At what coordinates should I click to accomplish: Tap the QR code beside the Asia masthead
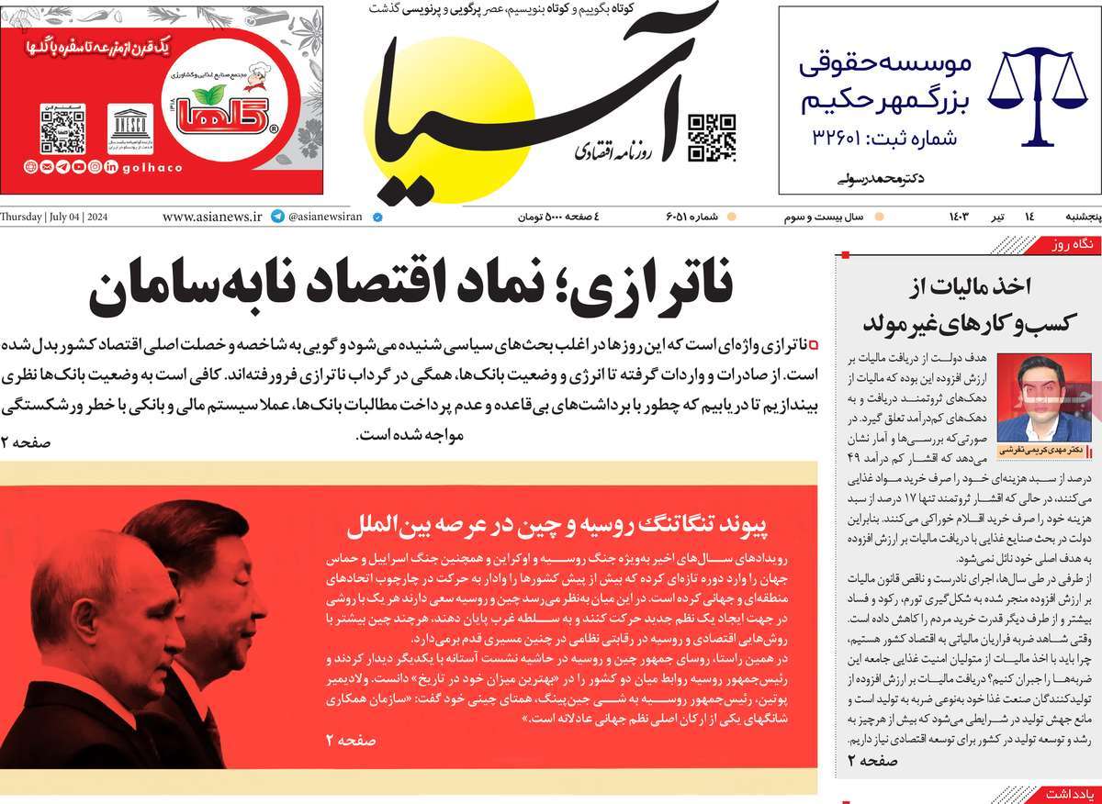[x=712, y=138]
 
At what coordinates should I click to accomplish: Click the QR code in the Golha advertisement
[x=62, y=129]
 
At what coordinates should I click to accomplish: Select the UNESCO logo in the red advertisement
[x=129, y=128]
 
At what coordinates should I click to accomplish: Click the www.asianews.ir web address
[x=212, y=218]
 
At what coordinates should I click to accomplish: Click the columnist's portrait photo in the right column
[x=1029, y=398]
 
